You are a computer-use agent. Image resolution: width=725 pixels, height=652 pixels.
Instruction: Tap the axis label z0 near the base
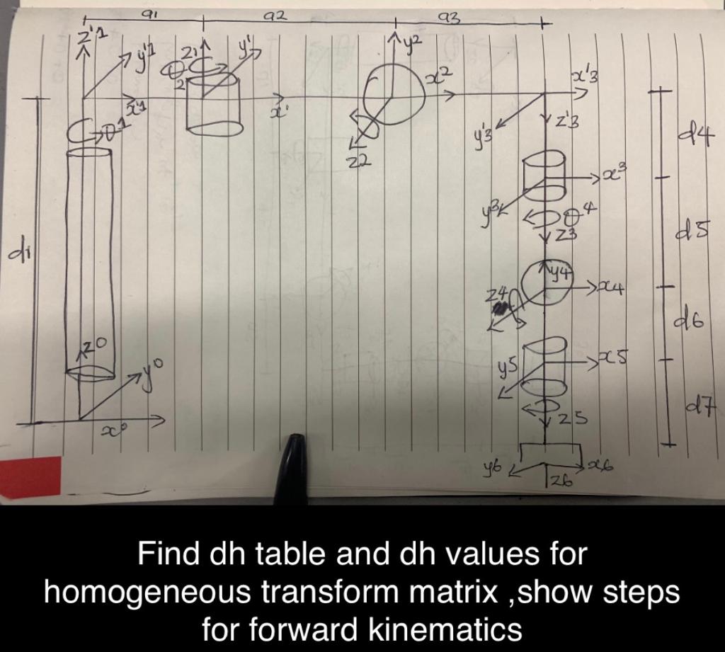(x=95, y=345)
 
